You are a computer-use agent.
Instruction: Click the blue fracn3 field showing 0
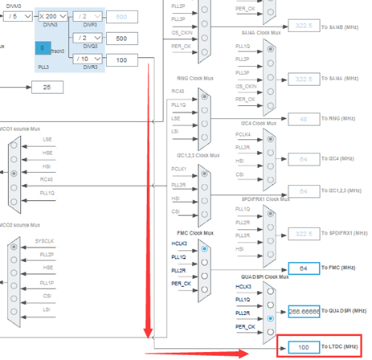tap(41, 48)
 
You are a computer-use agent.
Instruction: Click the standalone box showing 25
tap(47, 87)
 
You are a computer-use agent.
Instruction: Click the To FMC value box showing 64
tap(298, 268)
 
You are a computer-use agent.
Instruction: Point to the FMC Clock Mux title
tap(196, 232)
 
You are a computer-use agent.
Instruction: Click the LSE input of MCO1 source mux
tap(48, 140)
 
